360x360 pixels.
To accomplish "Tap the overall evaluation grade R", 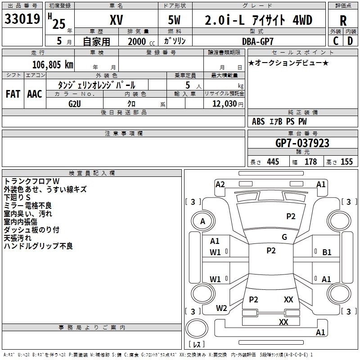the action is [343, 21].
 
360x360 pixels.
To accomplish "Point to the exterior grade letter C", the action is [336, 41].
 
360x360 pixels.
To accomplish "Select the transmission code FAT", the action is [13, 94].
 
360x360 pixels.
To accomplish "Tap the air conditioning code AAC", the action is [34, 94].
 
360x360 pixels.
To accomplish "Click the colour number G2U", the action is [75, 103].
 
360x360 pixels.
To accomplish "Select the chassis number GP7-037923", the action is [302, 144].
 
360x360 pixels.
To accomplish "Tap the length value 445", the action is [273, 162].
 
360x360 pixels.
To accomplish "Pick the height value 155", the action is [346, 162].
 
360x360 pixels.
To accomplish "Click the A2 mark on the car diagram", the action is [220, 184].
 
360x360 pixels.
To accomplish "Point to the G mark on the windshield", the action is [284, 237].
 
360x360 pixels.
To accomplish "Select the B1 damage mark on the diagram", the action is [327, 252].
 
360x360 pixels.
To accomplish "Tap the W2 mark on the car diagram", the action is [221, 308].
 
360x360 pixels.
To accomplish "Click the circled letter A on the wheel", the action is [202, 221].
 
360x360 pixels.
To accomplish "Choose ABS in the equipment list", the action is [258, 121].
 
